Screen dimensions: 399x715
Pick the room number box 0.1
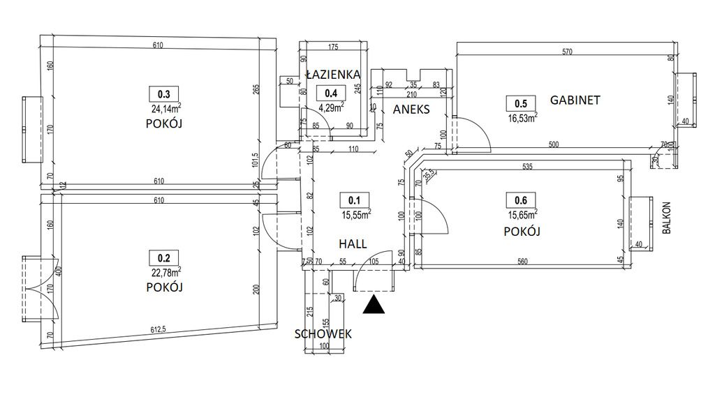(x=354, y=201)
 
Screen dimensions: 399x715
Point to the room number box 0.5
(x=520, y=103)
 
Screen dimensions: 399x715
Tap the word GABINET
(x=575, y=100)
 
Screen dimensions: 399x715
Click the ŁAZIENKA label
(x=332, y=74)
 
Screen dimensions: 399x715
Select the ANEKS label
(x=411, y=110)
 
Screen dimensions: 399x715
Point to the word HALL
(x=354, y=243)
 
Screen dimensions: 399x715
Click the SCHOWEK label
(x=323, y=333)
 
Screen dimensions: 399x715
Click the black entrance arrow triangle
(x=375, y=305)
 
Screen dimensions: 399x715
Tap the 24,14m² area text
(x=167, y=108)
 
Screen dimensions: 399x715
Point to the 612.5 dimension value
(x=163, y=331)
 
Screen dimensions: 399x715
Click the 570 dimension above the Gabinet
(x=566, y=51)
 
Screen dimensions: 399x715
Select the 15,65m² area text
(x=522, y=216)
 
